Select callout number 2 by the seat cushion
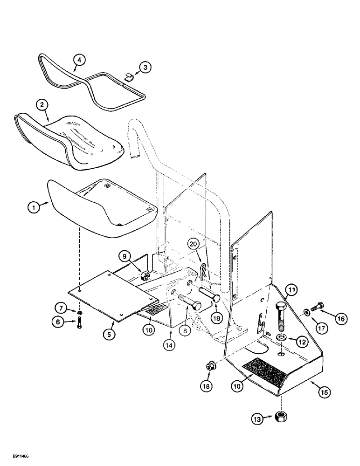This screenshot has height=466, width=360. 42,105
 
